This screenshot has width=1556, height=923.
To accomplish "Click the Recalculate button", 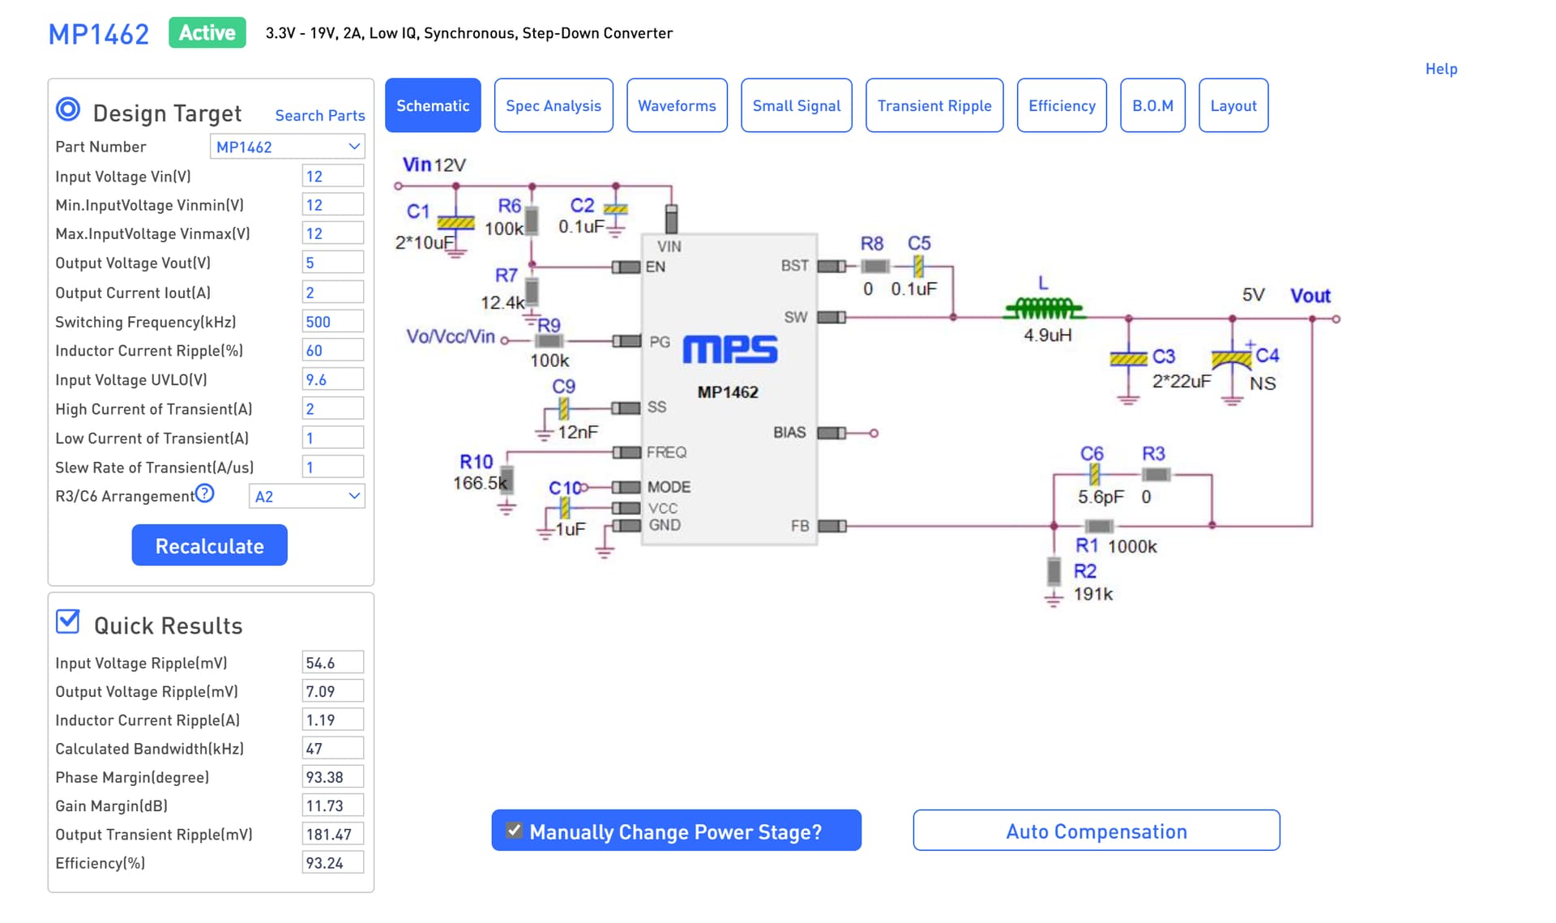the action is coord(209,545).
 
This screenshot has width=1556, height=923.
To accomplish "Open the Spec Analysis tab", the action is coord(554,105).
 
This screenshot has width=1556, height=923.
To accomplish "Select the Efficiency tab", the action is coord(1062,105).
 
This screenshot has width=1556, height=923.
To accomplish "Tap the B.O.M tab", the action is coord(1152,105).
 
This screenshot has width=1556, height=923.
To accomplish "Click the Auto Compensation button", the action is coord(1096,831).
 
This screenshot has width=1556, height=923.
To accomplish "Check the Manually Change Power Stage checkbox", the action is coord(514,831).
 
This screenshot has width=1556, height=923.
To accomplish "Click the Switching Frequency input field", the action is coord(332,322).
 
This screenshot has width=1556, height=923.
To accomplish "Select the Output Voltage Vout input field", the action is coord(332,263).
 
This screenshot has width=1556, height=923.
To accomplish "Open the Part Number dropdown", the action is coord(288,147).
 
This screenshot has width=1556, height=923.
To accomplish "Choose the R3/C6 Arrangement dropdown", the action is coord(306,496).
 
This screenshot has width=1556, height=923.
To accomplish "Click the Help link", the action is coord(1441,69).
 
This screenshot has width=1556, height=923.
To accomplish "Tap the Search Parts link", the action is coord(320,115).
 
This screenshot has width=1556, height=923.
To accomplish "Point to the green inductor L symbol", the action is coord(1045,308).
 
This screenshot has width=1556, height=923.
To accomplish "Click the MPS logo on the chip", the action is coord(729,349).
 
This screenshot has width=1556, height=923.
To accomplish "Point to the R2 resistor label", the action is coord(1085,570).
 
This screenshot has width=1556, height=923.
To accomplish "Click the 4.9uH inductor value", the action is coord(1047,335).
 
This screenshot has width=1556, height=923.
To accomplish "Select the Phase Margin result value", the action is coord(332,777).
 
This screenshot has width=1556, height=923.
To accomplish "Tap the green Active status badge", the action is coord(207,32).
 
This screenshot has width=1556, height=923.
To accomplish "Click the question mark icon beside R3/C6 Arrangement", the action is coord(205,493).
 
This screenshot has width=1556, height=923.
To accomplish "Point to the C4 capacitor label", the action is coord(1267,355).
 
